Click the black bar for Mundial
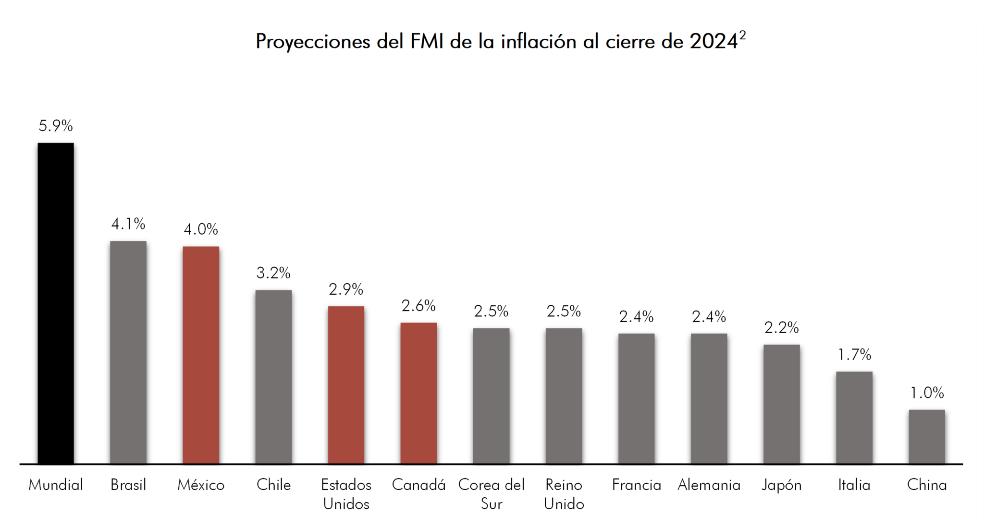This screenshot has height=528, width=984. [x=56, y=303]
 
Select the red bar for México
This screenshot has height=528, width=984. [x=201, y=355]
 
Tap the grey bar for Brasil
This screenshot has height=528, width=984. [x=128, y=352]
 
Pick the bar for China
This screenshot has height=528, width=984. [x=926, y=437]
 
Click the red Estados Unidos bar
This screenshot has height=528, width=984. [x=346, y=385]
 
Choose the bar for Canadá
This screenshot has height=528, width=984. [x=418, y=393]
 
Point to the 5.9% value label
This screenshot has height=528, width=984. [x=56, y=126]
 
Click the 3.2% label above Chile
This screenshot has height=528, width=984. [x=273, y=273]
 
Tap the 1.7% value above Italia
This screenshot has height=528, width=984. [x=854, y=355]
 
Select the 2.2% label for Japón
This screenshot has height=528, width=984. [x=781, y=328]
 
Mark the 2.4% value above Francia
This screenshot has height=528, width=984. [x=636, y=317]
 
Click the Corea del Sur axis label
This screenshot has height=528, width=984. [x=491, y=494]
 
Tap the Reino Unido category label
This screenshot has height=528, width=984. [x=564, y=494]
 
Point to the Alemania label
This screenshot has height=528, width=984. [x=709, y=485]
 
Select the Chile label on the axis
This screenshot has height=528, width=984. [x=273, y=485]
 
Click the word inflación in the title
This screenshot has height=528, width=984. [x=539, y=42]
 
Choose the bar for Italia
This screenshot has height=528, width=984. [x=854, y=418]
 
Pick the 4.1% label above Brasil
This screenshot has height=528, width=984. [x=128, y=224]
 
